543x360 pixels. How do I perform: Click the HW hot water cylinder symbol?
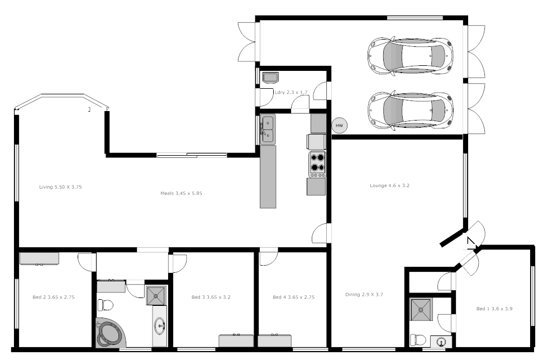click(339, 126)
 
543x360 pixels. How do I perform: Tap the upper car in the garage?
click(409, 56)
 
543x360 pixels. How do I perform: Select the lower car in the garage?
click(409, 109)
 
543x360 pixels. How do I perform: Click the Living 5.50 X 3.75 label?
click(60, 187)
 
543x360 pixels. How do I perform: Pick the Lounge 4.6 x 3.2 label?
click(389, 185)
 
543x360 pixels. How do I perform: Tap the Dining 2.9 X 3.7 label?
click(364, 294)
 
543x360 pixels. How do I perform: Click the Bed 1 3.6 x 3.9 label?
click(494, 309)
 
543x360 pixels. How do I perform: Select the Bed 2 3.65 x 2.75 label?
click(54, 297)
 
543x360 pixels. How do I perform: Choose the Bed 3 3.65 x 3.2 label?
click(211, 297)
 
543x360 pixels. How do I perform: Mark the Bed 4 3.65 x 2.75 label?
click(293, 297)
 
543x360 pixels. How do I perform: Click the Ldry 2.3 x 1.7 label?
click(291, 92)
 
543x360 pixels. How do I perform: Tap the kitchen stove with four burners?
click(317, 164)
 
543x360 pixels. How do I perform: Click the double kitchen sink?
click(268, 129)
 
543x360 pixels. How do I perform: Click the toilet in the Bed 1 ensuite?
click(418, 339)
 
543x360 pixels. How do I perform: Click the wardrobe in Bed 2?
click(39, 258)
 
